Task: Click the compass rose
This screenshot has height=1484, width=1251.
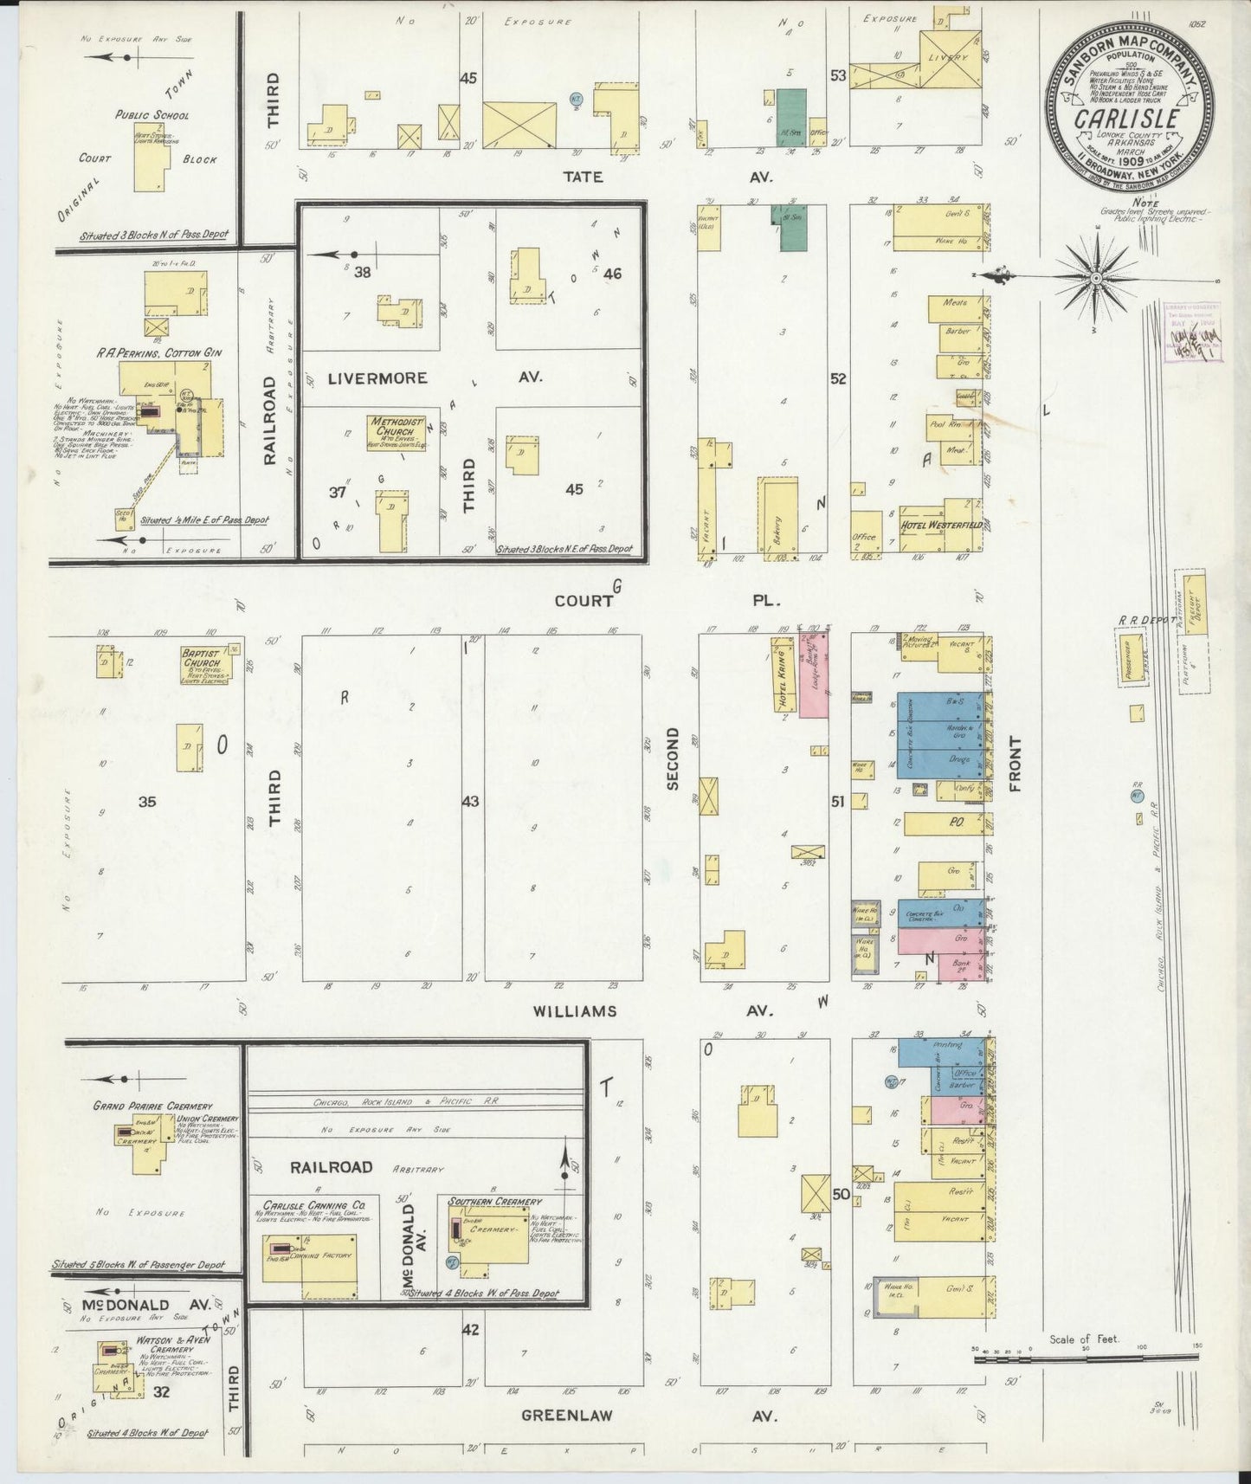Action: click(1095, 277)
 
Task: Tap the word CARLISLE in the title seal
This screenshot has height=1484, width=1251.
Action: click(1127, 118)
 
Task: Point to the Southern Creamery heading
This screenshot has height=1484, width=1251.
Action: click(496, 1201)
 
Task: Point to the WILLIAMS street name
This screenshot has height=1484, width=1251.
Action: click(574, 1010)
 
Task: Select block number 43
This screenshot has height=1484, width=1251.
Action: click(470, 801)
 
